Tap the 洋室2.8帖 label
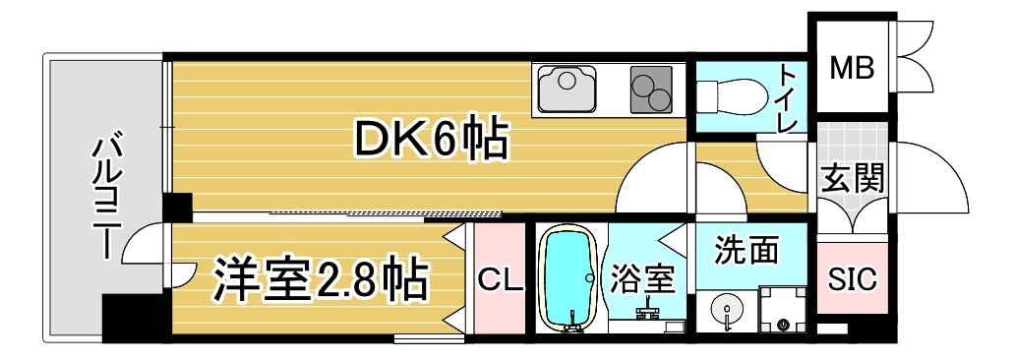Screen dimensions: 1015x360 [x=321, y=278]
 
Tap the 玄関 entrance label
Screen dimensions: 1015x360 [x=851, y=178]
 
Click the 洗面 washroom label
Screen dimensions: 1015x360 [x=746, y=250]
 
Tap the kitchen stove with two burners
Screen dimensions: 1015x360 [x=649, y=89]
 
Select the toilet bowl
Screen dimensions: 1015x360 [x=733, y=96]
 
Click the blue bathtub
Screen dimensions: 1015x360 [x=569, y=280]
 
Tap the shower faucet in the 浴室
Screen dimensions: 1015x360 [x=648, y=314]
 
